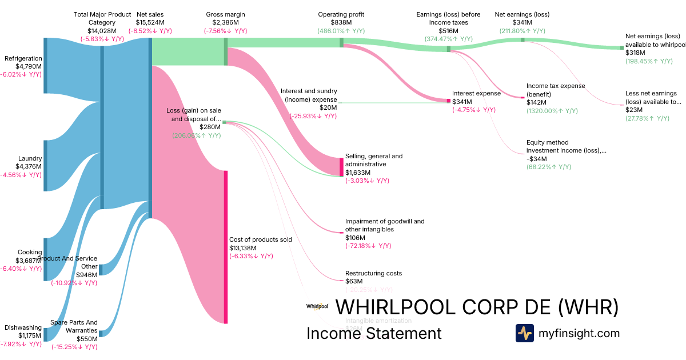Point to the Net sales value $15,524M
[x=150, y=22]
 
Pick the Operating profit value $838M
[x=341, y=22]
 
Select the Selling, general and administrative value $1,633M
[x=358, y=173]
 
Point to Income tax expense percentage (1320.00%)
[x=552, y=110]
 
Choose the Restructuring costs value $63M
[x=354, y=281]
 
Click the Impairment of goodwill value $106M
[x=356, y=238]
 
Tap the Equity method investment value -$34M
[x=537, y=159]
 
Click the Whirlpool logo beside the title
[x=317, y=307]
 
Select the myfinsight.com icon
[x=524, y=333]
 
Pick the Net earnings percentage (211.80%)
[x=521, y=31]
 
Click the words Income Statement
[x=374, y=333]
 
